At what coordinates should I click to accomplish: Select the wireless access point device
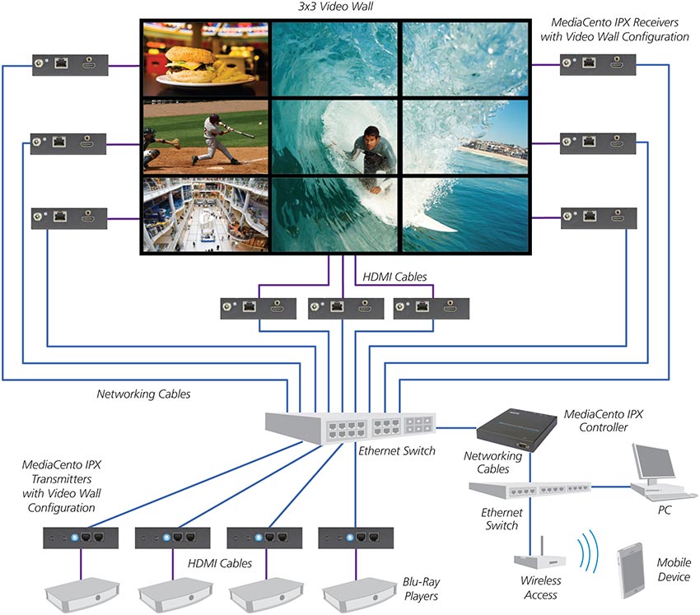click(x=539, y=557)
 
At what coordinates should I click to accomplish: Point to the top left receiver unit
click(x=66, y=65)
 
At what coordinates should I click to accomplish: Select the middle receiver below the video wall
click(x=340, y=308)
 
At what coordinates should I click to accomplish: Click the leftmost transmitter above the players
click(x=80, y=538)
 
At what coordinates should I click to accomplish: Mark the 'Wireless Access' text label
click(x=541, y=588)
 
